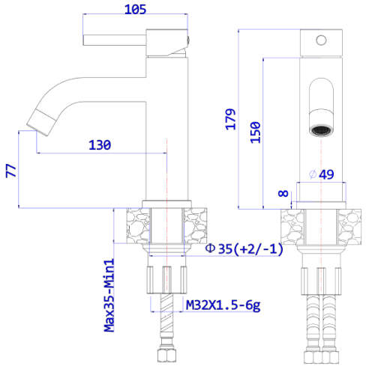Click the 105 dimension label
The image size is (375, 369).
click(135, 10)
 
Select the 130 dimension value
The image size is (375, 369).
click(100, 145)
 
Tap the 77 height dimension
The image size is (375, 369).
click(11, 171)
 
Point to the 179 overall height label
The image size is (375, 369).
click(231, 119)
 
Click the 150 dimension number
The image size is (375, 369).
click(256, 132)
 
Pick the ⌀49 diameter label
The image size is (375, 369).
click(322, 174)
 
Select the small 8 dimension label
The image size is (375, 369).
click(283, 193)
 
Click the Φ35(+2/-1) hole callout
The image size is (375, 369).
click(244, 248)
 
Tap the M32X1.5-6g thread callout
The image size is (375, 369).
click(223, 305)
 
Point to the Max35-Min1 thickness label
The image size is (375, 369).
click(109, 295)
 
